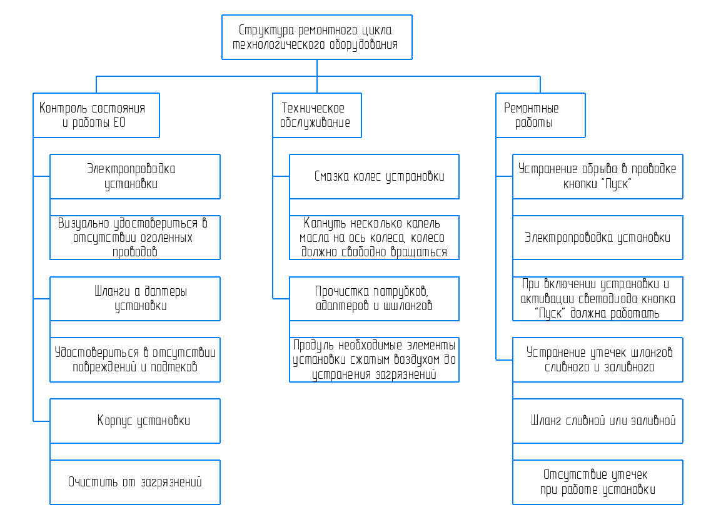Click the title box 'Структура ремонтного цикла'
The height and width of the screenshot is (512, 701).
[x=317, y=38]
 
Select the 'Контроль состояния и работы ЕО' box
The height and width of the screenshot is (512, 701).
[x=96, y=116]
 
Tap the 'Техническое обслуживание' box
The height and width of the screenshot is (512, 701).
[x=317, y=116]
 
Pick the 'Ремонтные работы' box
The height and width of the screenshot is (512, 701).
[x=540, y=116]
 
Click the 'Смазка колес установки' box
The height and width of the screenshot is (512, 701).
[x=374, y=176]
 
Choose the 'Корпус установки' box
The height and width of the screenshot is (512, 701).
[x=135, y=421]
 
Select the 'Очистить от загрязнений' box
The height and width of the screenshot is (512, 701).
[x=135, y=482]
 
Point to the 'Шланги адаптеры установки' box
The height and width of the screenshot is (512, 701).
[x=135, y=299]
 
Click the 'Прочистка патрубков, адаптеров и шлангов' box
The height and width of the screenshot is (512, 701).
[x=374, y=299]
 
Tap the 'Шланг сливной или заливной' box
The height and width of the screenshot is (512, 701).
[x=598, y=421]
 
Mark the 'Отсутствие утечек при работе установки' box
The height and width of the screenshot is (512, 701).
[x=598, y=482]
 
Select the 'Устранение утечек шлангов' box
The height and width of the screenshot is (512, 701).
[x=598, y=359]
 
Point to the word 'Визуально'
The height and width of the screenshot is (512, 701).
[x=83, y=223]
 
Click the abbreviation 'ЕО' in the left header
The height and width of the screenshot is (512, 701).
[x=119, y=123]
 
